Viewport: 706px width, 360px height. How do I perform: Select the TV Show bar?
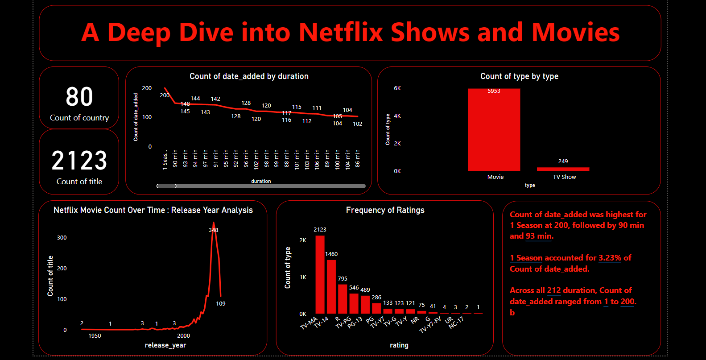563,169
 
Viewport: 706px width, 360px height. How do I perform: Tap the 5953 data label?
494,91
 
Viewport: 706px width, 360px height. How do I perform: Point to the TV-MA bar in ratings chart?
320,274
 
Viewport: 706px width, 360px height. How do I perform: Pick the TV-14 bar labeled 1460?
331,286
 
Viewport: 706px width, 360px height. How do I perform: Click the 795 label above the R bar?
343,279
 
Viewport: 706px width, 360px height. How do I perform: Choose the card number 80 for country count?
79,97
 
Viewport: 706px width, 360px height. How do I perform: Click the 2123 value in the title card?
79,161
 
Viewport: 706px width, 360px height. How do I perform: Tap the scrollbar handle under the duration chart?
166,186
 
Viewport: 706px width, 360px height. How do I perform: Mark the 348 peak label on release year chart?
214,230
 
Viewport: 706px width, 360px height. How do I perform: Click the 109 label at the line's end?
221,304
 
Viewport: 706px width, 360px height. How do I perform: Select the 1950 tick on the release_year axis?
95,336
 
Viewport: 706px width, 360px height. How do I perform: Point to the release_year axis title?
165,345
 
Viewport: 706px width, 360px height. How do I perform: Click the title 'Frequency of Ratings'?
385,210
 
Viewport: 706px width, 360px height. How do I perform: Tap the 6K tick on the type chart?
397,88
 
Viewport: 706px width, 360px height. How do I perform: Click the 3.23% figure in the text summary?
610,258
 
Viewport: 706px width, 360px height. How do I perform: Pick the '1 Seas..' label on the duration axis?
165,160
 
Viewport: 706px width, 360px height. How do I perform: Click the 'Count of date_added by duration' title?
249,76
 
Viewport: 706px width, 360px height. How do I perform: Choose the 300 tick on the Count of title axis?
62,238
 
